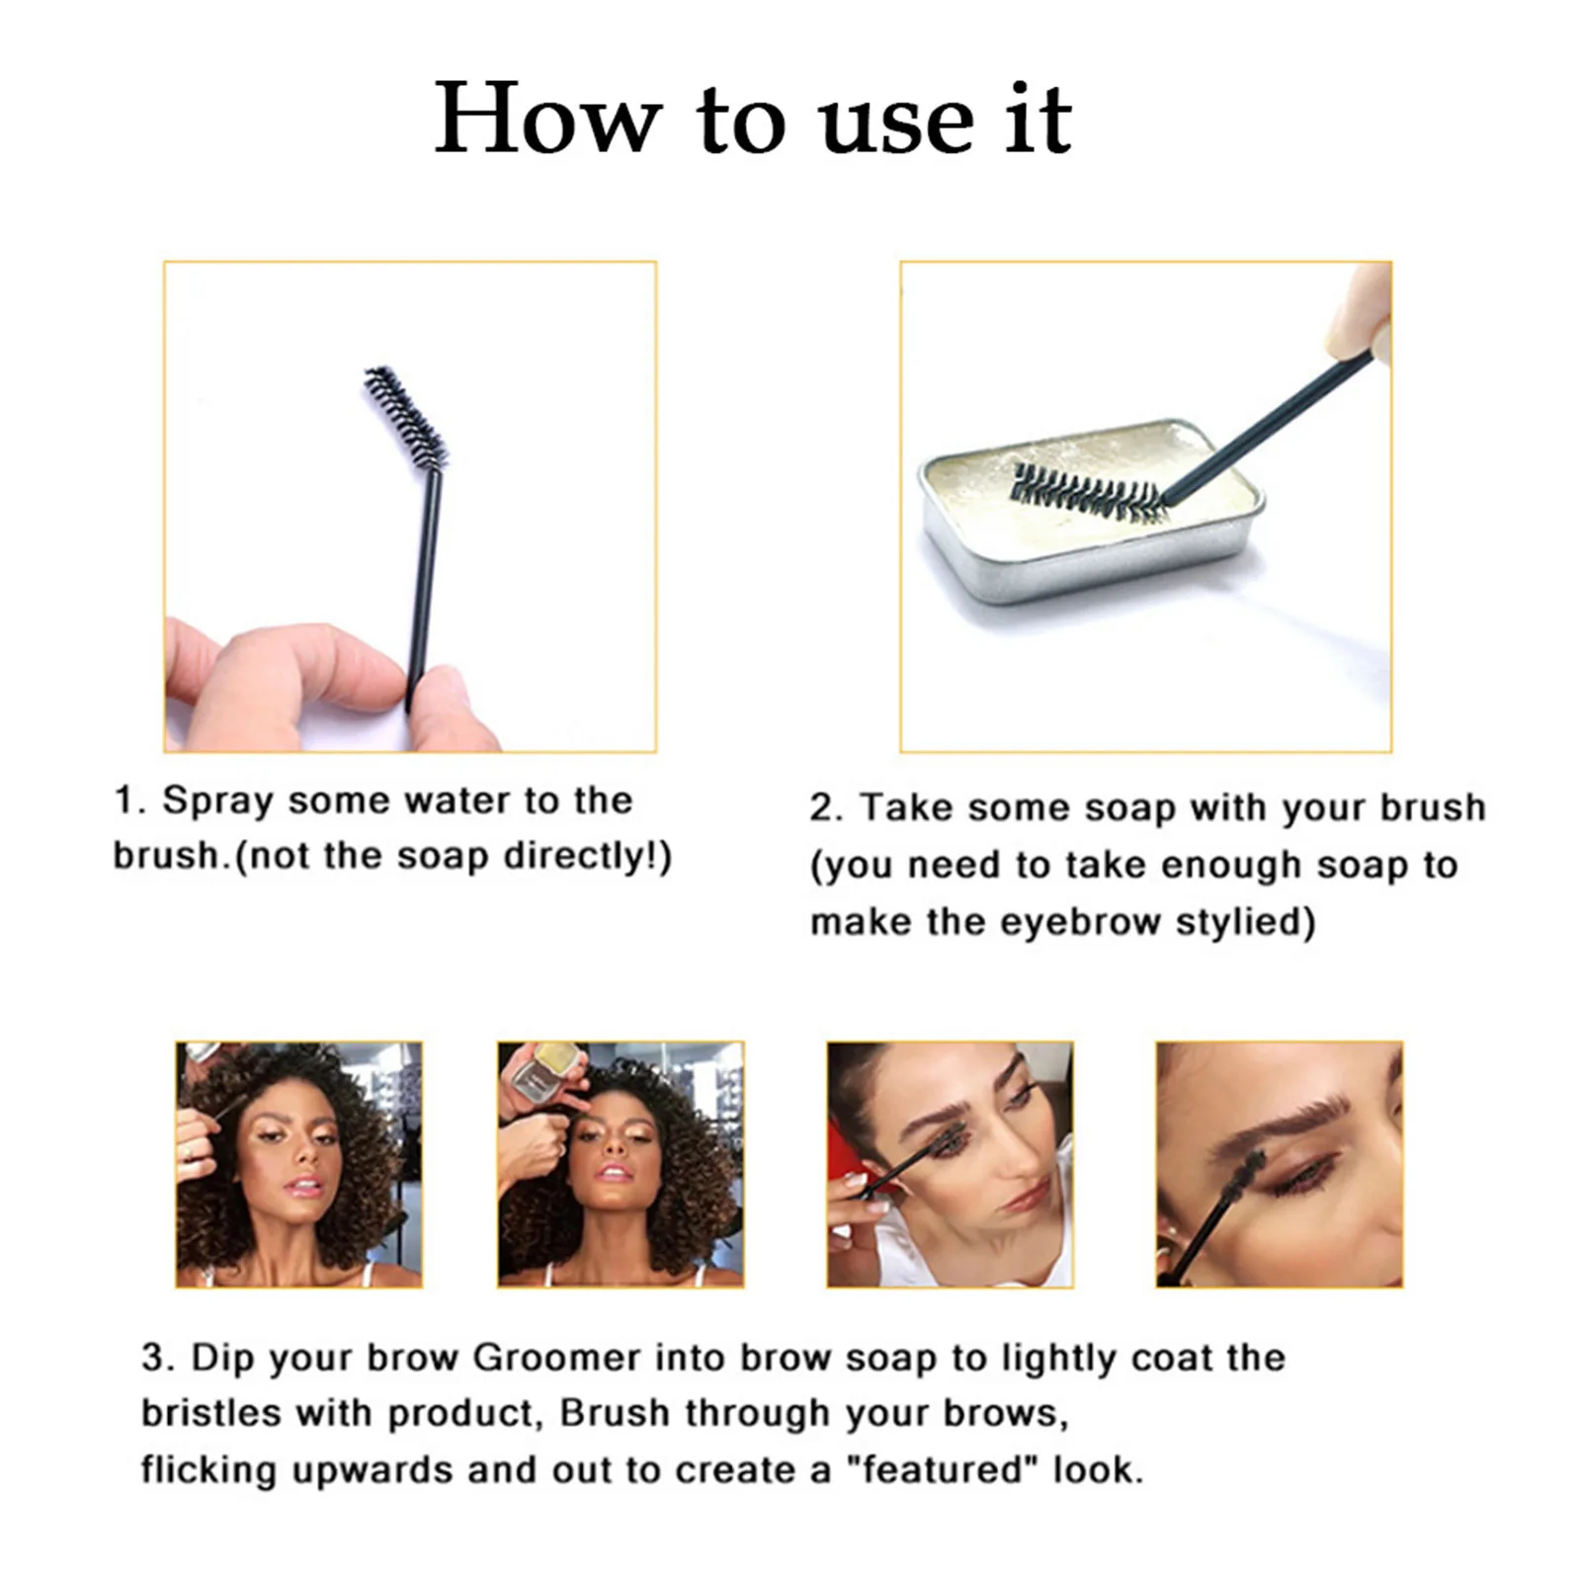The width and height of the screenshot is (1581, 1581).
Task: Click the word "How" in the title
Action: point(546,120)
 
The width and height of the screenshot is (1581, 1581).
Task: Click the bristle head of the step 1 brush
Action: point(406,415)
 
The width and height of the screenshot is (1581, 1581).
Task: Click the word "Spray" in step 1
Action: point(217,800)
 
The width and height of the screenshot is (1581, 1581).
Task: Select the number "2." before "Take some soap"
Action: point(826,808)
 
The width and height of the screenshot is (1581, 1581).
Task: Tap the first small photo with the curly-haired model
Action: point(298,1164)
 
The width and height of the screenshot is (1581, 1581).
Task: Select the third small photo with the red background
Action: point(950,1164)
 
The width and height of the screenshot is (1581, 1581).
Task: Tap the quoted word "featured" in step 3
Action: point(943,1469)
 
